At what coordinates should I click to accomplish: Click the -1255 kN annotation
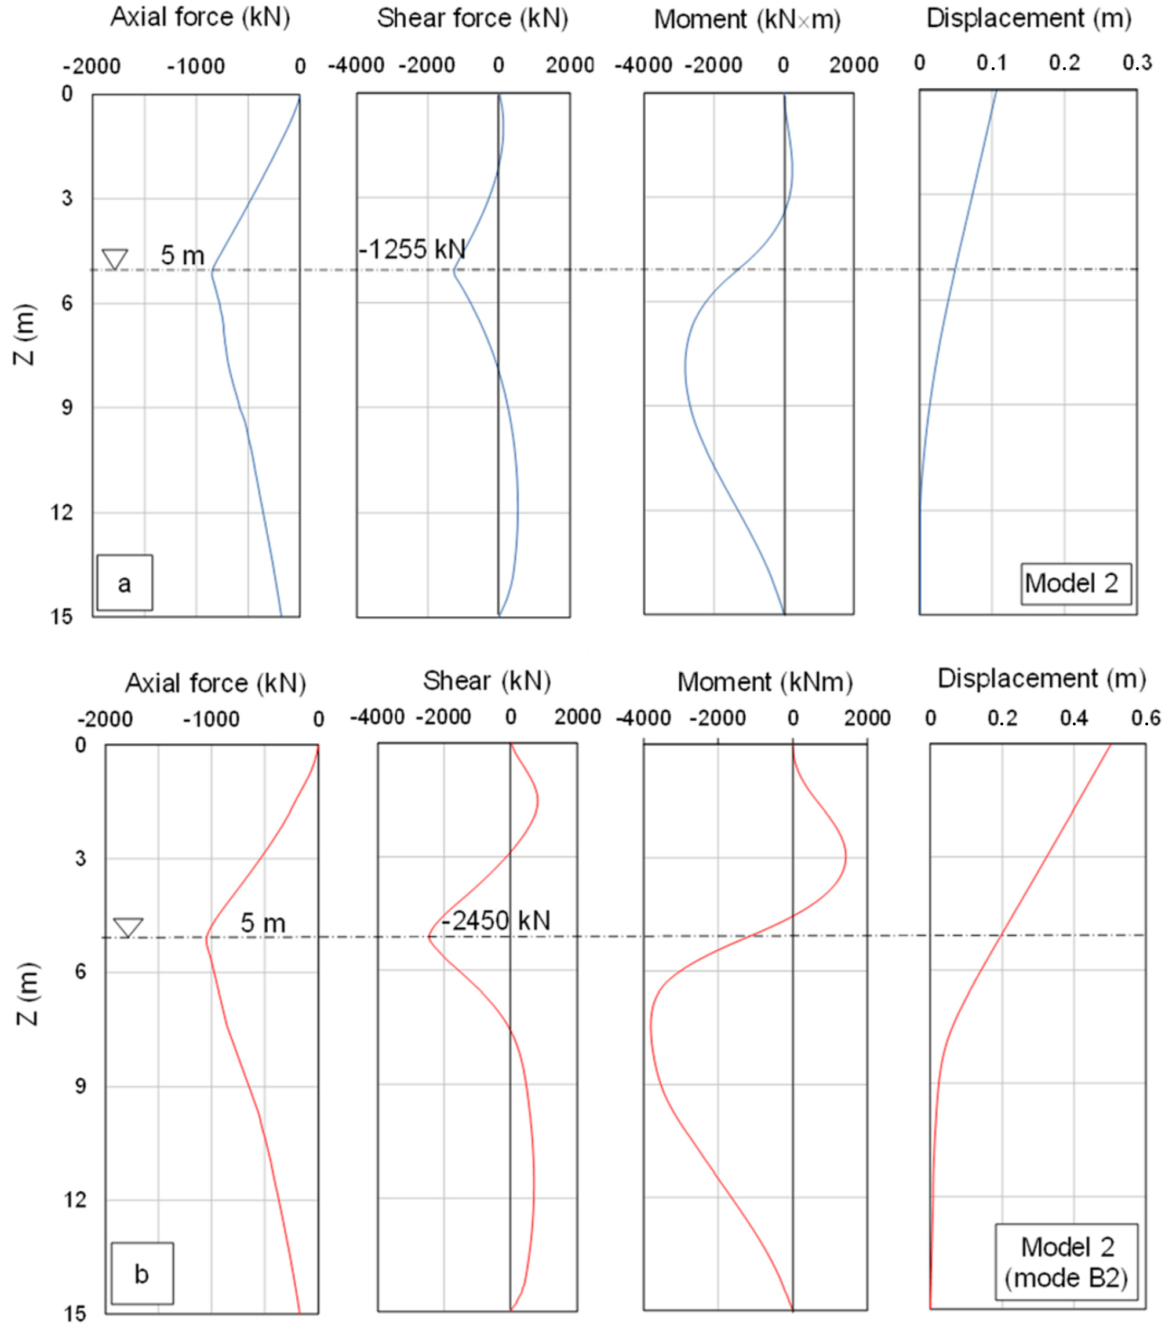pos(412,249)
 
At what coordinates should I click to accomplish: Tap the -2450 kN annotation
pos(496,921)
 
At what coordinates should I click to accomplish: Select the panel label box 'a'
pos(125,583)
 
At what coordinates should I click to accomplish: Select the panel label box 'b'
pos(142,1274)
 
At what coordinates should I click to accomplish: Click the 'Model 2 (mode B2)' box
pos(1066,1263)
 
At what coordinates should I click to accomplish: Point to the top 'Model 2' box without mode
pos(1075,583)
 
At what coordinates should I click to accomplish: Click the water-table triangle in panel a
pos(115,258)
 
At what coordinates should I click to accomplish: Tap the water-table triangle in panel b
pos(128,927)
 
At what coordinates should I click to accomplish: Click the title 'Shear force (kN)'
pos(472,18)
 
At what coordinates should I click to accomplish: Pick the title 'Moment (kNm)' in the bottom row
pos(764,682)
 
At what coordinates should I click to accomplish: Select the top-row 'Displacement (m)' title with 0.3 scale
pos(1028,18)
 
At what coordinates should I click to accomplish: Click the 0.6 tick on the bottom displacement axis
pos(1145,718)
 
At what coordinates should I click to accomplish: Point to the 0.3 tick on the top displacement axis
pos(1137,63)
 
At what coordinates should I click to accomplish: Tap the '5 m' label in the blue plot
pos(183,256)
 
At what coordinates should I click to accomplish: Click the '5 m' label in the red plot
pos(263,922)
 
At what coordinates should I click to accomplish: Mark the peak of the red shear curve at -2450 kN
pos(429,937)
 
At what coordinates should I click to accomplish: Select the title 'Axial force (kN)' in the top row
pos(200,17)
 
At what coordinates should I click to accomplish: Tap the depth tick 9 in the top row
pos(67,407)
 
